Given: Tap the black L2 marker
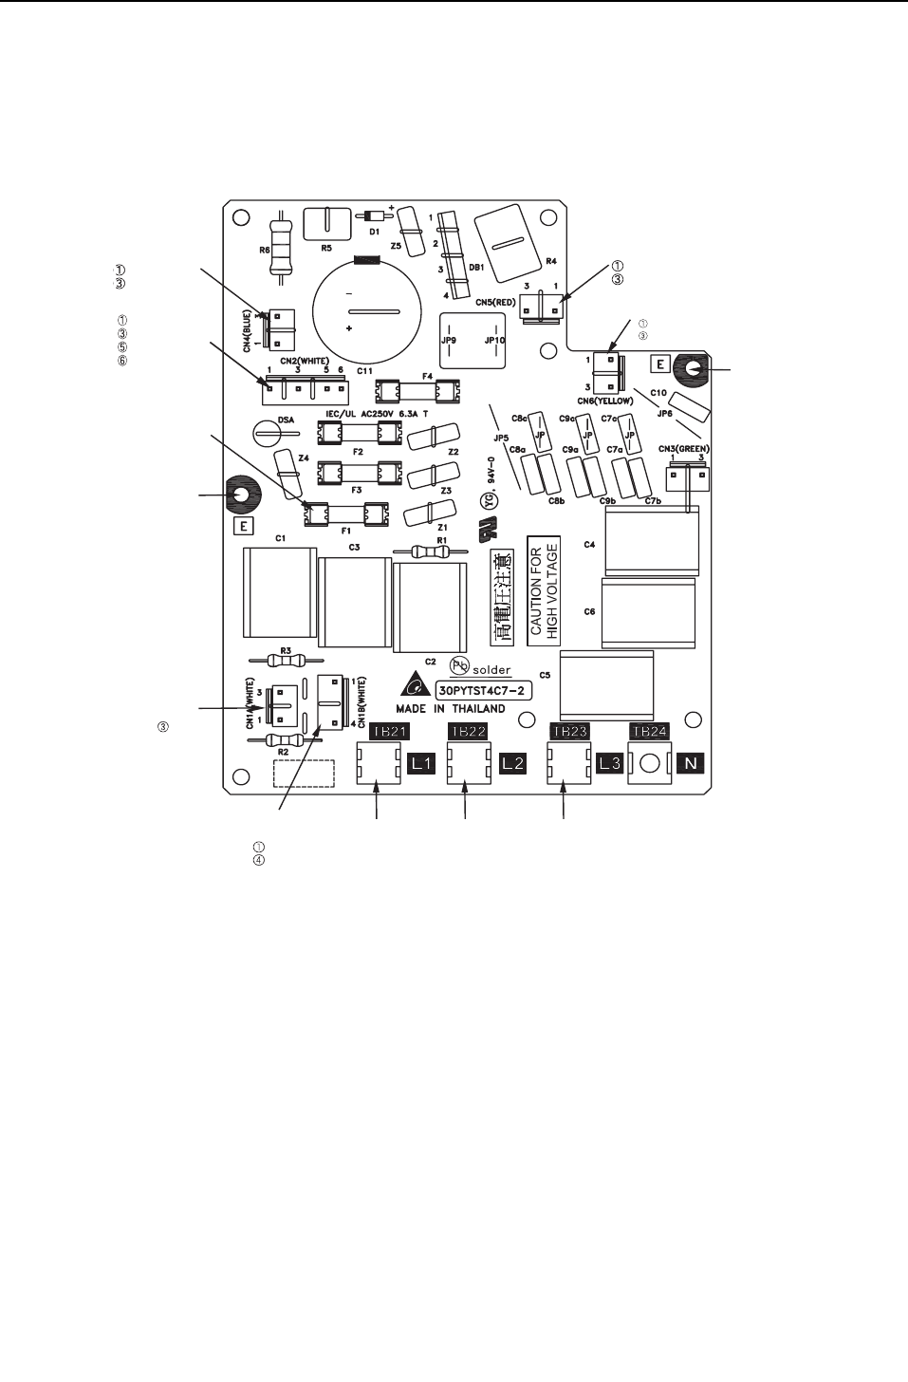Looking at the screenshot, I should (x=512, y=763).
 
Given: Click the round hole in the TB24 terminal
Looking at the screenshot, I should (x=650, y=764).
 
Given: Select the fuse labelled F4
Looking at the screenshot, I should (x=418, y=390).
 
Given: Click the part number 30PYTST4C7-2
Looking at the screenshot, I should (x=483, y=690).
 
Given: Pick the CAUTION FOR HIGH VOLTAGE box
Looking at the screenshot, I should (x=544, y=590).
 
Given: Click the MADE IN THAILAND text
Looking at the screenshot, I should (x=451, y=709).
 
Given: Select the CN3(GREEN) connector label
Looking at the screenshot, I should (x=683, y=449).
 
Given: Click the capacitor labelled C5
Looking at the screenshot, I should (x=606, y=685).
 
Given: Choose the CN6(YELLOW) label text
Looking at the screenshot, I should (x=608, y=402).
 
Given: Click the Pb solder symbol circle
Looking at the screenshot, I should (x=459, y=665).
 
